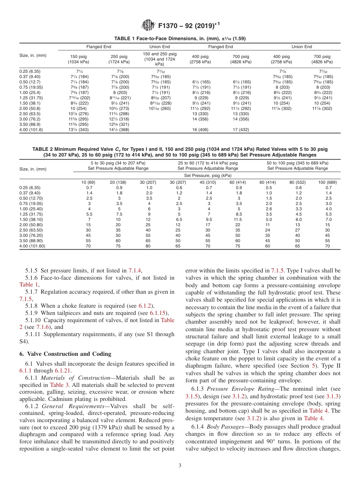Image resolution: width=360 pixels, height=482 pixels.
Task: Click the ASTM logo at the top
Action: pyautogui.click(x=148, y=26)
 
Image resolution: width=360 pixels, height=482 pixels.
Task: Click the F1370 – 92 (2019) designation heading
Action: pyautogui.click(x=189, y=26)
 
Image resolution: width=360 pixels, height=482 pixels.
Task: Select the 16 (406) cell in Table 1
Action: pyautogui.click(x=200, y=130)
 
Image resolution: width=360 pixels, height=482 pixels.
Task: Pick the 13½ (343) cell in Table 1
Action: pyautogui.click(x=78, y=130)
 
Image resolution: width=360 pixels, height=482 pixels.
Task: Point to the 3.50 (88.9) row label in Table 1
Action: pyautogui.click(x=31, y=124)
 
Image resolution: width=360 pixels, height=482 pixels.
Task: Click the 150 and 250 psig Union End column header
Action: pyautogui.click(x=159, y=59)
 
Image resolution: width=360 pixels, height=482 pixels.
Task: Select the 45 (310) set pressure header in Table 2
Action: pyautogui.click(x=208, y=182)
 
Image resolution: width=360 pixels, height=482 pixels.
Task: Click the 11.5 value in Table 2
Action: pyautogui.click(x=238, y=219)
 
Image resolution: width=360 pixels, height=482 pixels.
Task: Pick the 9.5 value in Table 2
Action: pyautogui.click(x=208, y=219)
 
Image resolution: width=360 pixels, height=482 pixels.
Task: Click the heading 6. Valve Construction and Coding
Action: pyautogui.click(x=65, y=354)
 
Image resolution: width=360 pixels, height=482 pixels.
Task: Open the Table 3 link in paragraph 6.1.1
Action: pyautogui.click(x=59, y=385)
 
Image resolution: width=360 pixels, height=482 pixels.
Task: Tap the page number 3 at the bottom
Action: pyautogui.click(x=180, y=465)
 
